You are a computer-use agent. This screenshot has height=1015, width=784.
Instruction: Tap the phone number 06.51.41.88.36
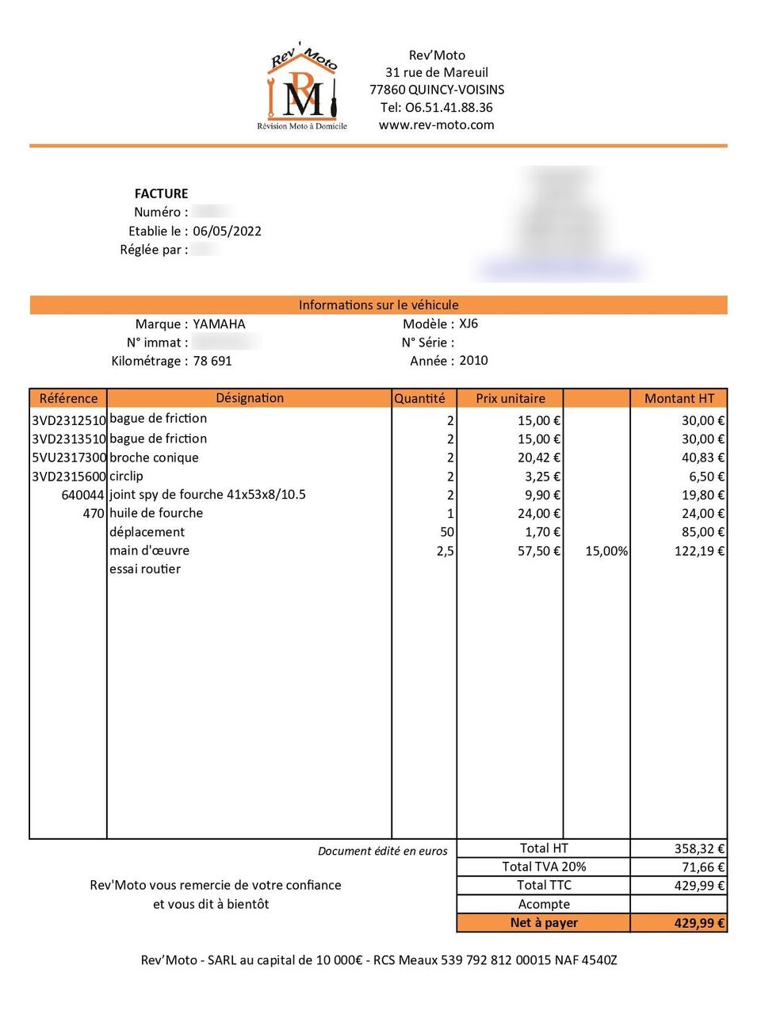pyautogui.click(x=436, y=107)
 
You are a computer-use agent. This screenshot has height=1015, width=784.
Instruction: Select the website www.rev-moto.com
pyautogui.click(x=436, y=124)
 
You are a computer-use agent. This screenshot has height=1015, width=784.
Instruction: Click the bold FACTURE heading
pyautogui.click(x=161, y=193)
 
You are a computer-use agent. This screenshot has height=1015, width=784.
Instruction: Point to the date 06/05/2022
pyautogui.click(x=227, y=231)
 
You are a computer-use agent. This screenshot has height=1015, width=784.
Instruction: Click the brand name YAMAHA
pyautogui.click(x=219, y=324)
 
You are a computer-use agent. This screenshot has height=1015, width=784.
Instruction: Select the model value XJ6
pyautogui.click(x=468, y=324)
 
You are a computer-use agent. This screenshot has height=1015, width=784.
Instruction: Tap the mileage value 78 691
pyautogui.click(x=212, y=361)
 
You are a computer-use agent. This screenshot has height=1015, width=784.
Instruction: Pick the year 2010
pyautogui.click(x=473, y=360)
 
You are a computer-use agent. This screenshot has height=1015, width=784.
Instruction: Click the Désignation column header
pyautogui.click(x=250, y=398)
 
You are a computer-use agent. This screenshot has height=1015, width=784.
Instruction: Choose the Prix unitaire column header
pyautogui.click(x=510, y=398)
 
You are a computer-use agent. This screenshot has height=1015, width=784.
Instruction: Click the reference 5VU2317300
pyautogui.click(x=69, y=458)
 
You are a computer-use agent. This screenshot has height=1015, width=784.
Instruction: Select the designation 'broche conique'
pyautogui.click(x=154, y=458)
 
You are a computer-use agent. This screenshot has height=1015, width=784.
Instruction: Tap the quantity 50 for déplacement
pyautogui.click(x=446, y=532)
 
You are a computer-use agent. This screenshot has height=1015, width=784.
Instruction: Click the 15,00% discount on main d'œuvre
pyautogui.click(x=606, y=551)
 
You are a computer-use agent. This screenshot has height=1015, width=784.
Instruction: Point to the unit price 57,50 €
pyautogui.click(x=538, y=551)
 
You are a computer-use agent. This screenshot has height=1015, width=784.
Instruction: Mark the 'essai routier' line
pyautogui.click(x=145, y=569)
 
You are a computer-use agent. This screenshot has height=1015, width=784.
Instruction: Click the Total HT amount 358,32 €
pyautogui.click(x=699, y=848)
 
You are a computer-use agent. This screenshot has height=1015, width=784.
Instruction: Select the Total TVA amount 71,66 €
pyautogui.click(x=703, y=868)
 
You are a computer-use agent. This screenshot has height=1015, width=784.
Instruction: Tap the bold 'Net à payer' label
pyautogui.click(x=544, y=923)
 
